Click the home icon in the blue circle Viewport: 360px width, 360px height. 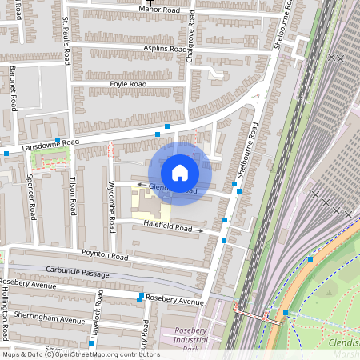180,173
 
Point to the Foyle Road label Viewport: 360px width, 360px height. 128,83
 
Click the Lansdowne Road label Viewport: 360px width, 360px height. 50,142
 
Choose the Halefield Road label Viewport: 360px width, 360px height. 168,229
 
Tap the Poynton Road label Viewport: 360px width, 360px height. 104,256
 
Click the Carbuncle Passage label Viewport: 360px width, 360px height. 77,272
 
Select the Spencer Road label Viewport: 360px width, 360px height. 31,197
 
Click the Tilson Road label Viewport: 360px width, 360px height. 74,195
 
